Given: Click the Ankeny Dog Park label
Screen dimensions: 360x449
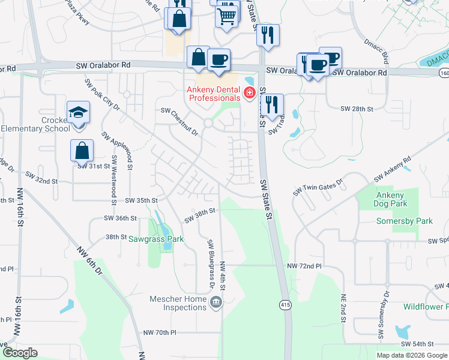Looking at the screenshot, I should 390,200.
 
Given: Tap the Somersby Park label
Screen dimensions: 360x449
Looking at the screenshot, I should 404,221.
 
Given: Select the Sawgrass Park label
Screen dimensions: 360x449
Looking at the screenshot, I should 155,239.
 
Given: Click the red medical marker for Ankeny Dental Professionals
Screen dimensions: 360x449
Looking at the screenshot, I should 249,93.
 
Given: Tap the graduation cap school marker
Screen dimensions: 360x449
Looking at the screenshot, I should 77,113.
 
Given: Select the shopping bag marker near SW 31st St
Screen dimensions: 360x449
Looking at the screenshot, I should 82,151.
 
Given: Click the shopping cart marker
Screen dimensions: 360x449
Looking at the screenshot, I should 226,14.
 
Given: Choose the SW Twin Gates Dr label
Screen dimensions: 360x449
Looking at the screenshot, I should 318,186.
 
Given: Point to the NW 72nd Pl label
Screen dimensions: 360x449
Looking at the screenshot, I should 304,266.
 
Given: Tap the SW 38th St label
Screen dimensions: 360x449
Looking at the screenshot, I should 199,215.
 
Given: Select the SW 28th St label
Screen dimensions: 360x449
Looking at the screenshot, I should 357,109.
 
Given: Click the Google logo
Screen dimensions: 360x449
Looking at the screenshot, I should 20,352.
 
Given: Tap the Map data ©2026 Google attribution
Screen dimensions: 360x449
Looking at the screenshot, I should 412,355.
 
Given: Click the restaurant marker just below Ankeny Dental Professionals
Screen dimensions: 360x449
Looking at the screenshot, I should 272,105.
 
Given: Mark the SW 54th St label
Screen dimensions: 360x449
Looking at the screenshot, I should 417,343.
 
